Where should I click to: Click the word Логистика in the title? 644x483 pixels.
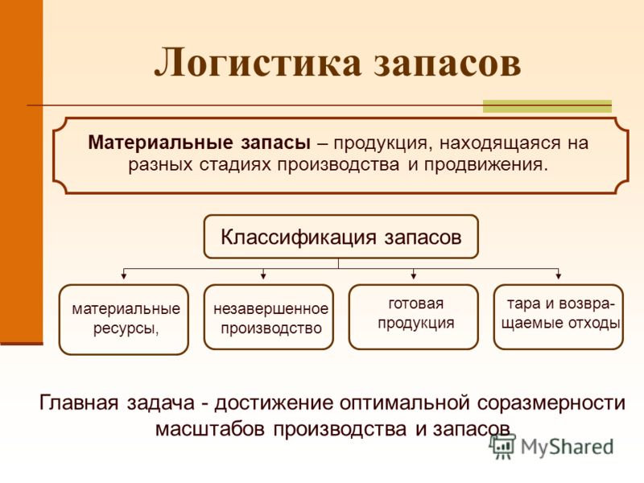[258, 63]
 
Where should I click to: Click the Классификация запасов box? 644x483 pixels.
[341, 237]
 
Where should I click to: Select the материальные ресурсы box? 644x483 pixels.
[124, 319]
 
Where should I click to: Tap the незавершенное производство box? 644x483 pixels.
[269, 316]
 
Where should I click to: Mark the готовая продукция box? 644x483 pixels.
[414, 316]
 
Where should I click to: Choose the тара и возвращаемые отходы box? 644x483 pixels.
[559, 316]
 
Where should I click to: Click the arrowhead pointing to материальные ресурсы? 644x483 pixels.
[124, 276]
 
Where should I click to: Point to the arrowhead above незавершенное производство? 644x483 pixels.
[263, 276]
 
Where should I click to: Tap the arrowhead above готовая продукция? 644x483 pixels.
[414, 276]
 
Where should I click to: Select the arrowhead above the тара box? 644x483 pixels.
[558, 276]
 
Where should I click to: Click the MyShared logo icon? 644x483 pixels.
[502, 447]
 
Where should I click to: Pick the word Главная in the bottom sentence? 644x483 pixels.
[79, 402]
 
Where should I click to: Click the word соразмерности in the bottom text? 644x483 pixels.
[551, 403]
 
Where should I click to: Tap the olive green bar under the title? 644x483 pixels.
[547, 106]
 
